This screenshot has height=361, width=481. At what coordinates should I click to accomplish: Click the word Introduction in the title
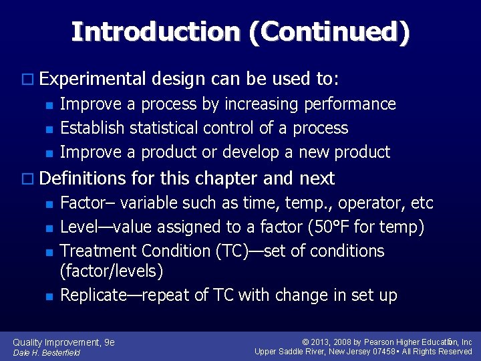(x=156, y=31)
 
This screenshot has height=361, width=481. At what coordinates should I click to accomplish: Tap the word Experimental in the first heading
(x=92, y=80)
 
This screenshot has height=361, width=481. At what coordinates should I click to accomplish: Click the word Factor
(x=80, y=203)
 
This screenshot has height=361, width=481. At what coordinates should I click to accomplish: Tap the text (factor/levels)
(x=112, y=271)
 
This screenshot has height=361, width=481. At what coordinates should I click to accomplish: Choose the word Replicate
(x=94, y=295)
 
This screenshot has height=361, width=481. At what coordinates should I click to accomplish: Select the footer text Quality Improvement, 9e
(x=64, y=342)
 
